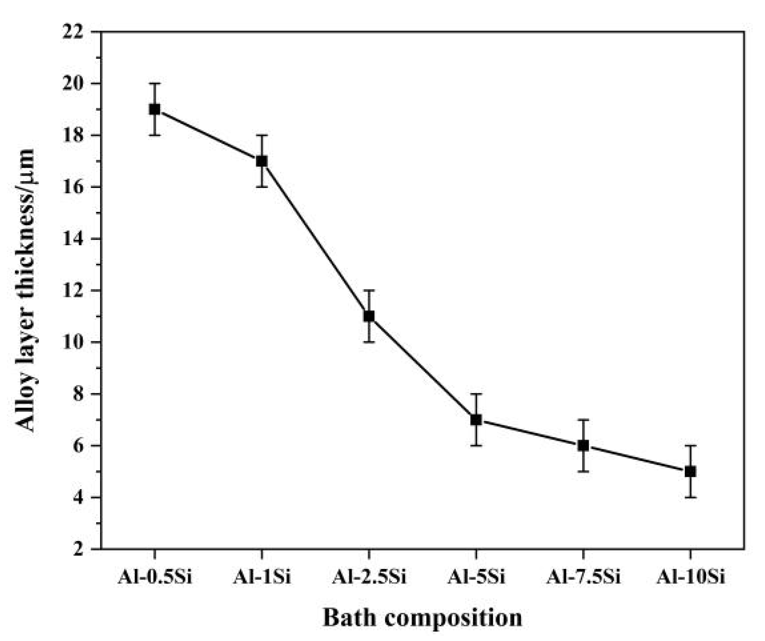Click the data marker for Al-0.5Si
[155, 109]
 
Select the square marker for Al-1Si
[262, 161]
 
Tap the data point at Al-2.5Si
[369, 316]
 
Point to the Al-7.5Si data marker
[583, 446]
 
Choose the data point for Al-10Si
[690, 472]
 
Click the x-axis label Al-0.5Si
[154, 577]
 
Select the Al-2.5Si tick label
[369, 577]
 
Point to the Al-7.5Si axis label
[583, 577]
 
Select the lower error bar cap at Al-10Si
[690, 497]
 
